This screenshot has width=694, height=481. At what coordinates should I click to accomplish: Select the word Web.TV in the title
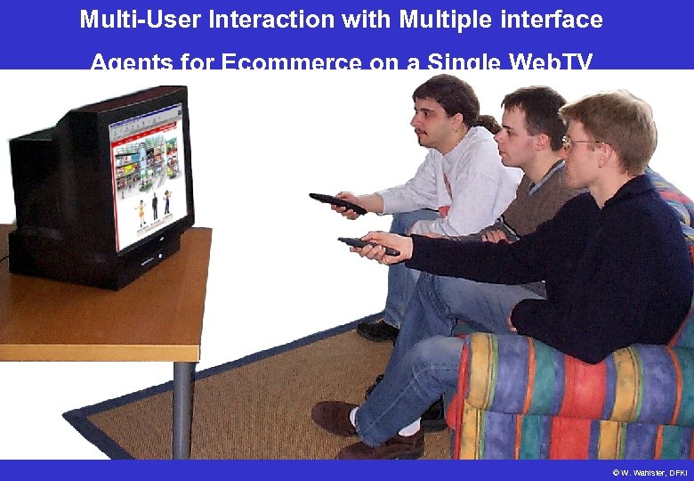(550, 62)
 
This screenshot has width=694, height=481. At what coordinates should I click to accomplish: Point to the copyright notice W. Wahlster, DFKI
(650, 471)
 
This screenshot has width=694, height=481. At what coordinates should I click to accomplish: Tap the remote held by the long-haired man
(337, 203)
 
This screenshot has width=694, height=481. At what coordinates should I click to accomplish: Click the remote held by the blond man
(367, 246)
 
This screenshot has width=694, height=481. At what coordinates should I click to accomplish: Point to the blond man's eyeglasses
(579, 142)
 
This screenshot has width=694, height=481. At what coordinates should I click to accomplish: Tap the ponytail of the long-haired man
(488, 122)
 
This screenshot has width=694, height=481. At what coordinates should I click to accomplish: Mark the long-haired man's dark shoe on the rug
(378, 330)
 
